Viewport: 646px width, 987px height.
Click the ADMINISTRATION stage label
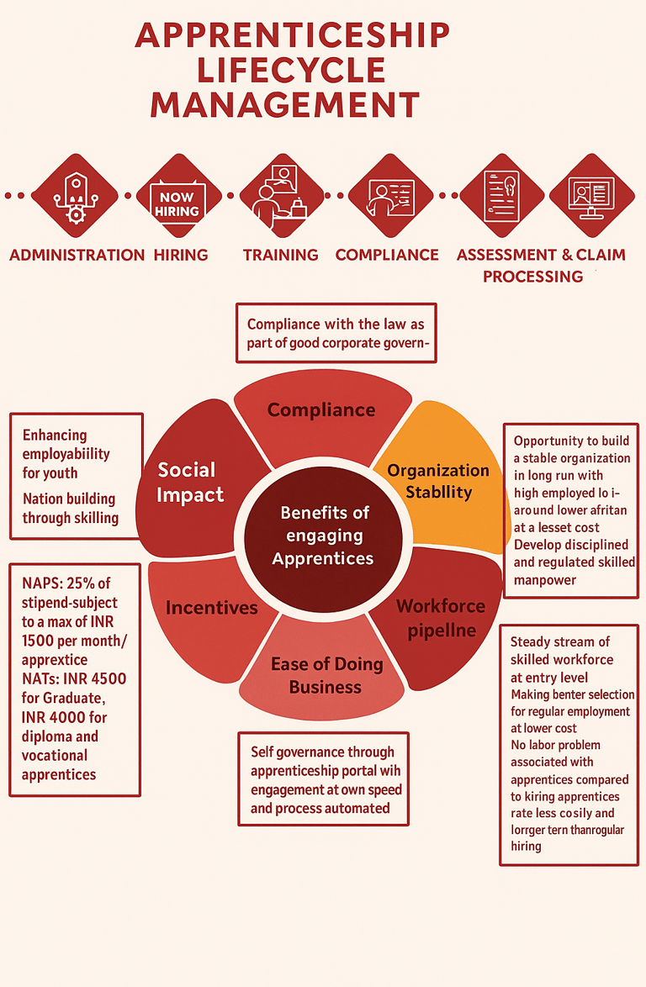pos(77,255)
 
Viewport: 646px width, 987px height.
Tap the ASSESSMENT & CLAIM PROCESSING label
pos(540,265)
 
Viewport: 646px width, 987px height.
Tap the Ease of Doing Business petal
pos(326,675)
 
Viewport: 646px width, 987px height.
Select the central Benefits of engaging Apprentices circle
pos(325,535)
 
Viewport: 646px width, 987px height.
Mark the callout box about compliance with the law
pos(336,333)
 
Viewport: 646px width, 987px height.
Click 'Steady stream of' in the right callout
pos(560,642)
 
